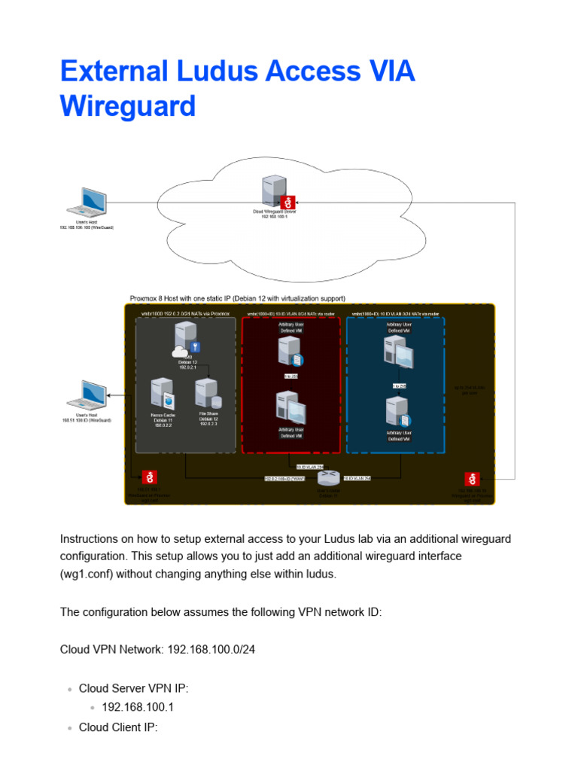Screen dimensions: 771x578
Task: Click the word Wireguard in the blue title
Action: click(127, 106)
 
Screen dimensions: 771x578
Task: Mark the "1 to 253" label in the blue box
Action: click(399, 385)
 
